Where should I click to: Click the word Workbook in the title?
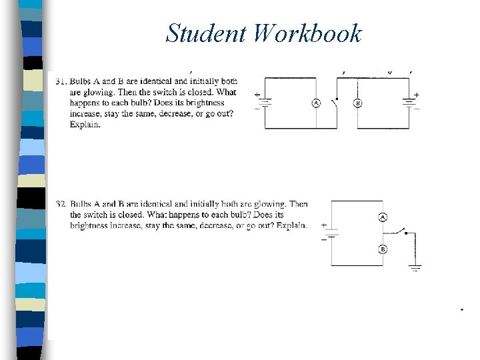click(x=307, y=33)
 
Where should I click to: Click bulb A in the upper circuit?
click(x=317, y=103)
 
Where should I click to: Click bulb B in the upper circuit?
click(x=357, y=103)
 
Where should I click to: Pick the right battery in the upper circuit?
click(x=409, y=103)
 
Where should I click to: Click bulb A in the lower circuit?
click(x=383, y=217)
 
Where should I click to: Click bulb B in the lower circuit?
click(x=383, y=249)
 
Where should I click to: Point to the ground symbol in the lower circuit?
click(x=415, y=269)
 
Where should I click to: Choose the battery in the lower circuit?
click(x=331, y=233)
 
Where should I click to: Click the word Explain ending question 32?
click(x=291, y=225)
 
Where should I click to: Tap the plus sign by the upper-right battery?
click(x=417, y=95)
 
